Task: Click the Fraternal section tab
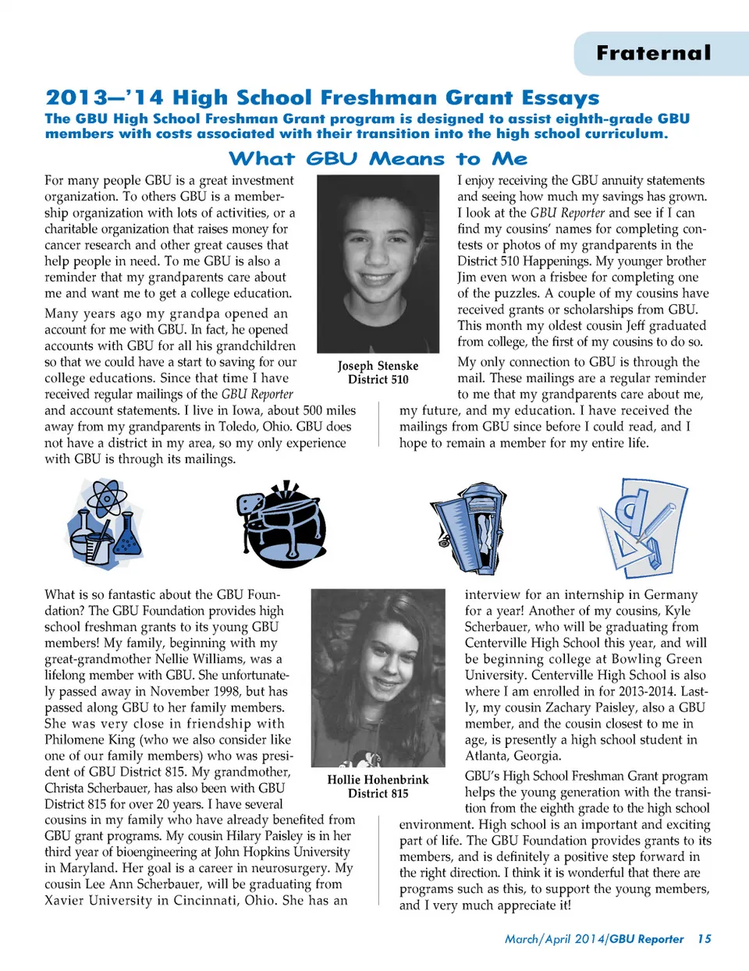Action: point(654,53)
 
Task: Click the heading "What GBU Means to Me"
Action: point(378,159)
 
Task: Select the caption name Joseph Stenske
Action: point(378,366)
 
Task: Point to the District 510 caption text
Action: point(378,380)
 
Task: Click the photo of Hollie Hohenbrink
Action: point(378,677)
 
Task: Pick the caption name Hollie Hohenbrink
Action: point(378,780)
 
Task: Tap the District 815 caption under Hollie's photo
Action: point(378,794)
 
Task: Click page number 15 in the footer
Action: point(705,939)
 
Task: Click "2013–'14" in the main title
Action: point(105,97)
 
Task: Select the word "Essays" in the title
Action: point(560,98)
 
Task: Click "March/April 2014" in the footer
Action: point(555,939)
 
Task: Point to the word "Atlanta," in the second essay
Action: point(490,756)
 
